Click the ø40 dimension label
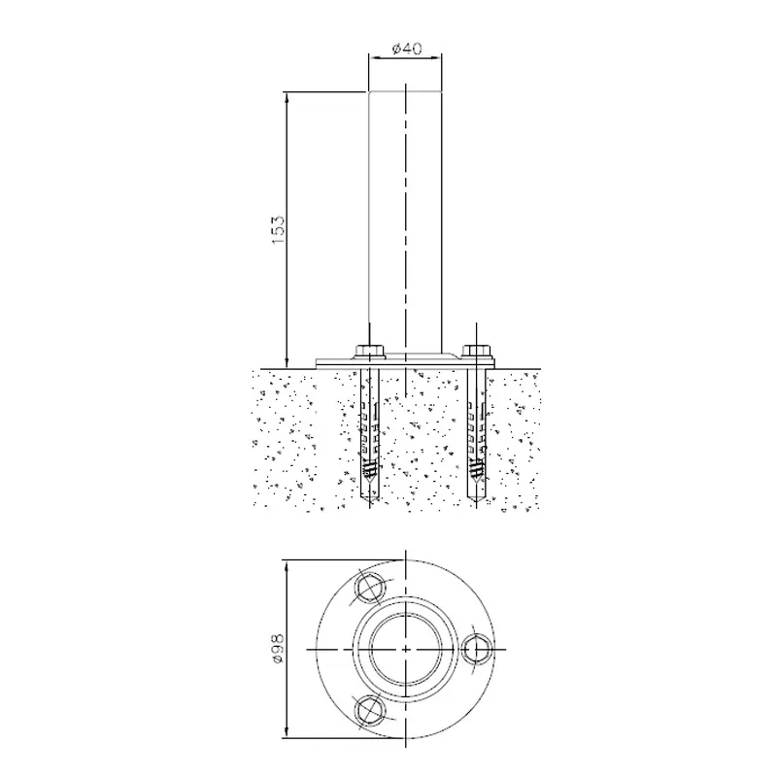point(406,49)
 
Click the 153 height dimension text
point(279,229)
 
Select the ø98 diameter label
point(278,648)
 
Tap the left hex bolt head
point(369,351)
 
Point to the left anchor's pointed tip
point(369,507)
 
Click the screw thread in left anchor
point(369,467)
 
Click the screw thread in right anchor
point(476,467)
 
